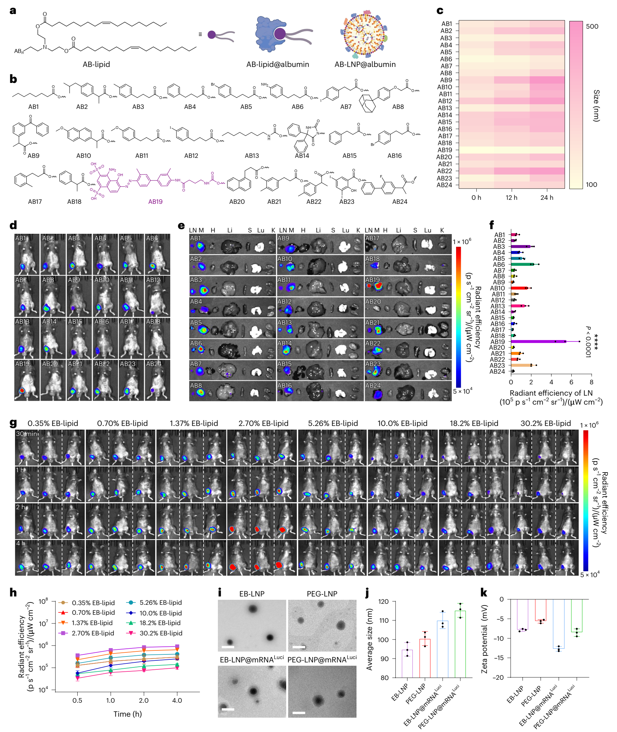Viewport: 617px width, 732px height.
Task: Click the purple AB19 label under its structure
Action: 155,202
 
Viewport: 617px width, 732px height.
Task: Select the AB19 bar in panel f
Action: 538,342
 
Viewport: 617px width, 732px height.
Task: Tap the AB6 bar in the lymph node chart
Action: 523,264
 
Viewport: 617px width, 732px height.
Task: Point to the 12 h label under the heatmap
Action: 511,198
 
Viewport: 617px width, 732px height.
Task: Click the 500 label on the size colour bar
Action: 592,27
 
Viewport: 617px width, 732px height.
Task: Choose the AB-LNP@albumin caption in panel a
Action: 365,64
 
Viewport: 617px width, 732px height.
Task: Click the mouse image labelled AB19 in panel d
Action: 27,380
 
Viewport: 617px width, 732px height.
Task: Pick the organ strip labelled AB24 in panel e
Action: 408,391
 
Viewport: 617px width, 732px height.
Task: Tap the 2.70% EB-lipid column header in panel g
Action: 264,423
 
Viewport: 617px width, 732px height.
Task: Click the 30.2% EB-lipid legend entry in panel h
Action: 161,633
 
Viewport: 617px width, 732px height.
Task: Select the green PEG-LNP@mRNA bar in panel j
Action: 460,643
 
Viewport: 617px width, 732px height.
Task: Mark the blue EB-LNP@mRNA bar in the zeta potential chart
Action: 559,624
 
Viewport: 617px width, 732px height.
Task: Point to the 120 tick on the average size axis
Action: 384,601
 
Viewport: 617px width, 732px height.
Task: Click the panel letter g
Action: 13,423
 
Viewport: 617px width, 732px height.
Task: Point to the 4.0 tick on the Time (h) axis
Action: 177,700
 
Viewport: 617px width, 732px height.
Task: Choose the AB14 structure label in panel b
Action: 302,156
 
